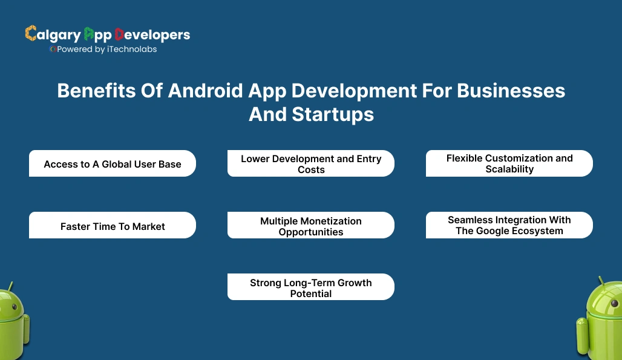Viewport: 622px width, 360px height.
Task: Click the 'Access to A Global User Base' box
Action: tap(113, 164)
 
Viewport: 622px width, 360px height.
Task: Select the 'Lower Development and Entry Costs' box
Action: tap(311, 164)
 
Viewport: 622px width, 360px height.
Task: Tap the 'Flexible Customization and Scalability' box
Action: tap(509, 163)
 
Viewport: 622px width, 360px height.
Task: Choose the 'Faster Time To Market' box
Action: tap(113, 226)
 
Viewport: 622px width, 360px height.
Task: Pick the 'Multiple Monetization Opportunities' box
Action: tap(311, 226)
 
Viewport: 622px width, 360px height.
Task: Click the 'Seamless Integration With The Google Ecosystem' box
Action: tap(509, 225)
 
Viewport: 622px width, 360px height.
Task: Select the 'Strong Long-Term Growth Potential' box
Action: tap(311, 287)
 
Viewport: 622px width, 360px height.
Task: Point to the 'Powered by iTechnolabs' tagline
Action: tap(104, 50)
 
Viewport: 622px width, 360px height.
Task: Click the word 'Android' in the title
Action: tap(205, 91)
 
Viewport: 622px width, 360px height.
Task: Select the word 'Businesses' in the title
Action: tap(511, 91)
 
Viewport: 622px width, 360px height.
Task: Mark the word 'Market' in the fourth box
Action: tap(149, 226)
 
